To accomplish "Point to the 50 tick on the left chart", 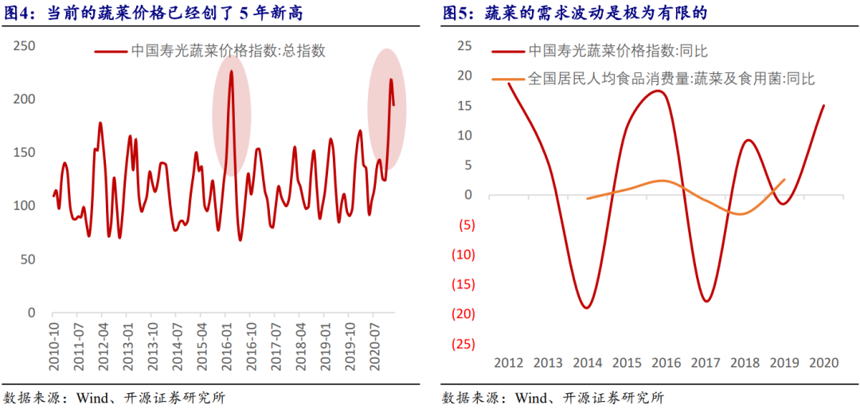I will (28, 259).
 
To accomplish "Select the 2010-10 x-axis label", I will (55, 347).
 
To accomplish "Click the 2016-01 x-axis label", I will (227, 347).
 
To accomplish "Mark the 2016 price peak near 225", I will (231, 72).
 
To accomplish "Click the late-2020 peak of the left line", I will (390, 79).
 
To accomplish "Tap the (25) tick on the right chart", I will (463, 345).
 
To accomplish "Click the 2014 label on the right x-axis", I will (588, 363).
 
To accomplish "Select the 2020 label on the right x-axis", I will (823, 363).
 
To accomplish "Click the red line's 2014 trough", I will (587, 308).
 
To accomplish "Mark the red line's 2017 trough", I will (706, 301).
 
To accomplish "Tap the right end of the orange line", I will (784, 179).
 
